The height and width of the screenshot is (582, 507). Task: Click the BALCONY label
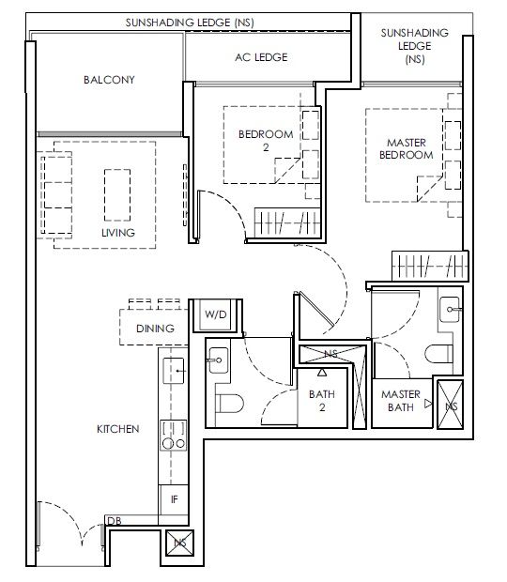click(x=109, y=80)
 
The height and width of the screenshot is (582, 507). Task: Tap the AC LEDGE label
click(x=261, y=57)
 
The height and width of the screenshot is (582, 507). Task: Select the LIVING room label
click(x=118, y=233)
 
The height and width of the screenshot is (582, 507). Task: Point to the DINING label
click(x=155, y=329)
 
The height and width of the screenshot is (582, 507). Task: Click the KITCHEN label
click(x=118, y=429)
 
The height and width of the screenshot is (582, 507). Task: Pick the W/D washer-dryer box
click(x=216, y=314)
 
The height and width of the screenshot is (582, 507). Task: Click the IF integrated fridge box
click(x=174, y=499)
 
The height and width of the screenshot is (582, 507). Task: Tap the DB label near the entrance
click(x=114, y=521)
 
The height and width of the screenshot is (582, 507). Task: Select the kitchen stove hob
click(x=174, y=436)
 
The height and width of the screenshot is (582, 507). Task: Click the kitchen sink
click(x=174, y=371)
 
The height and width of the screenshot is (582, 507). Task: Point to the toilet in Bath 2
click(x=229, y=404)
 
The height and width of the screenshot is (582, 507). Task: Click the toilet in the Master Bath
click(x=438, y=354)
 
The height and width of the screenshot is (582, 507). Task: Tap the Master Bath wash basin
click(x=450, y=310)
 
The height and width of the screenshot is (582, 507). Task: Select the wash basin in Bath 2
click(x=219, y=360)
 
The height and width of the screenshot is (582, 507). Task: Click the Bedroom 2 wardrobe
click(x=287, y=222)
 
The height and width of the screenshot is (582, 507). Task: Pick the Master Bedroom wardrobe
click(x=430, y=267)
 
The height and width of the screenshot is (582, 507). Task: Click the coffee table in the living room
click(x=117, y=195)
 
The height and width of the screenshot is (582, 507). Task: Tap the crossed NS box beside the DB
click(x=180, y=543)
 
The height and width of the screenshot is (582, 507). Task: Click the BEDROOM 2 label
click(x=266, y=141)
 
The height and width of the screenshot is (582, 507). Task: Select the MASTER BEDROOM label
click(x=407, y=149)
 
